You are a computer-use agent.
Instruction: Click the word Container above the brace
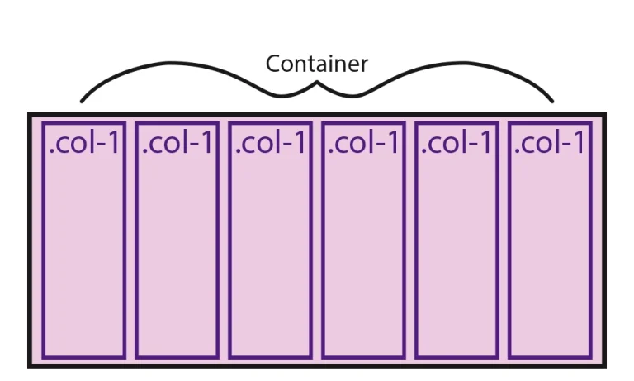(316, 64)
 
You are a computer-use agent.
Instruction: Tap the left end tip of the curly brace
(81, 102)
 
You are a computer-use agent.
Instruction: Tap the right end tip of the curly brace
(552, 102)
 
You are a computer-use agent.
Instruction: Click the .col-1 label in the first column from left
(84, 143)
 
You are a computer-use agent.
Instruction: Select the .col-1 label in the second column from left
(177, 143)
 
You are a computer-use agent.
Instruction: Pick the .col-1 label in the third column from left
(270, 143)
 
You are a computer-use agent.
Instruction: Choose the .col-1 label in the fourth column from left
(363, 143)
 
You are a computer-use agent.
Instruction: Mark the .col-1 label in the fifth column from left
(457, 143)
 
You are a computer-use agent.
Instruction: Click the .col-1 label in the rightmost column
(550, 143)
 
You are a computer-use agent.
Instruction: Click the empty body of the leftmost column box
(84, 256)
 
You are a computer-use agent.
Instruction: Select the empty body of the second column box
(177, 256)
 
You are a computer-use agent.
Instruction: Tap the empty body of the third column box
(270, 256)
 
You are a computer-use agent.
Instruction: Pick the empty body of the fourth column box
(363, 256)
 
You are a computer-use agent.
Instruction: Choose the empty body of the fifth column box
(457, 256)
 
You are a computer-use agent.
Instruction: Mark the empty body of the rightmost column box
(550, 256)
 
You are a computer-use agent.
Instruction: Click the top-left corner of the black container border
(30, 115)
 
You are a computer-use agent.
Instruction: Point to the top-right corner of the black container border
(603, 115)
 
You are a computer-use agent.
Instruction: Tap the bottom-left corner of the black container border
(30, 364)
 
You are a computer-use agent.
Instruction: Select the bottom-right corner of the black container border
(603, 364)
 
